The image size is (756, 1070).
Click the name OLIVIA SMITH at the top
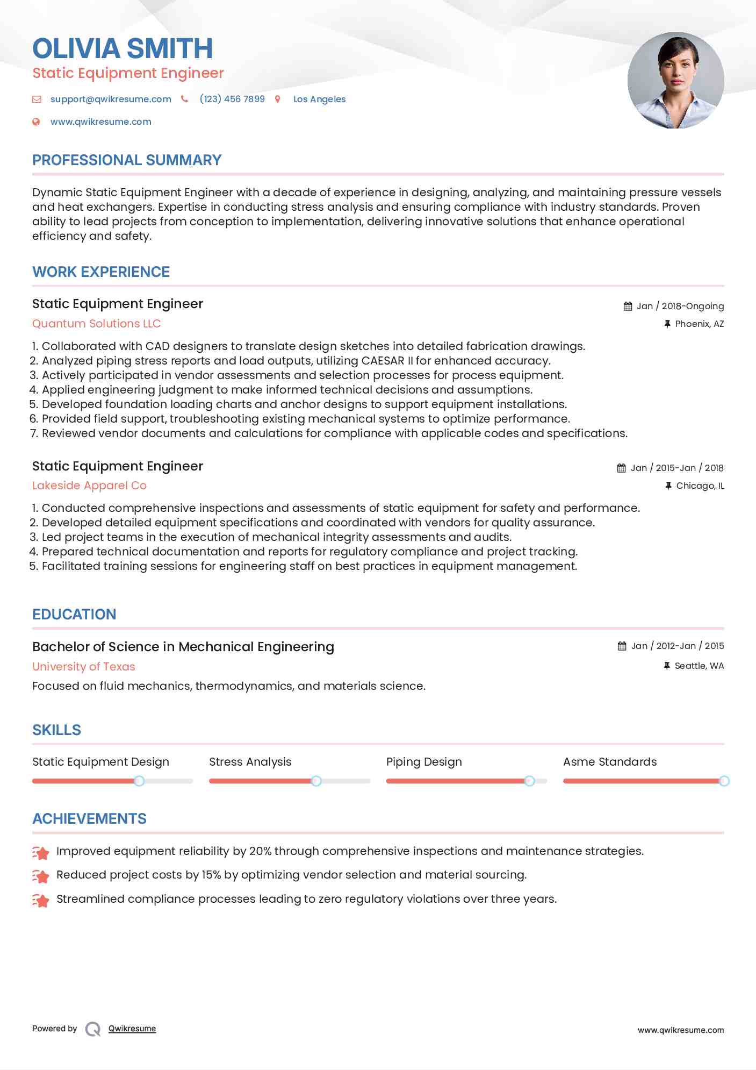(123, 48)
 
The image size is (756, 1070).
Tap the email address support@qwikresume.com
(111, 99)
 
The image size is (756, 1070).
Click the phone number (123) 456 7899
(232, 99)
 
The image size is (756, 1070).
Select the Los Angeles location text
(319, 99)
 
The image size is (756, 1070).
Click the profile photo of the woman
(675, 81)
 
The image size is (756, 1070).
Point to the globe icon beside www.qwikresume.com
(36, 122)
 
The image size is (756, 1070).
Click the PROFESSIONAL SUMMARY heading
(127, 160)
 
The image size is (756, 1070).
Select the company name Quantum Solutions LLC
(96, 324)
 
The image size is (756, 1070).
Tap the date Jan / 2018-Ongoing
(680, 306)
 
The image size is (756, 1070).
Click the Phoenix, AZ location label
(699, 324)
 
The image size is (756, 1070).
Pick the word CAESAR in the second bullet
(383, 361)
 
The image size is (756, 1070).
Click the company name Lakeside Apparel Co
(89, 486)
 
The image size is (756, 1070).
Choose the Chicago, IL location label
(700, 486)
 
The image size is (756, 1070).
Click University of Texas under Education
(83, 667)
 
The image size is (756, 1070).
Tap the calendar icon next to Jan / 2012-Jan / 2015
(622, 646)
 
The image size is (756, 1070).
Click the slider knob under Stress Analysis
(316, 781)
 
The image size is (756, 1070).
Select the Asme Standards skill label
(610, 762)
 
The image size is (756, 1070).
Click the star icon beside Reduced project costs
(41, 876)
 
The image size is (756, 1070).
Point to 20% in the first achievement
(260, 851)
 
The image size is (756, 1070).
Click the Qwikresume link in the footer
(132, 1029)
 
